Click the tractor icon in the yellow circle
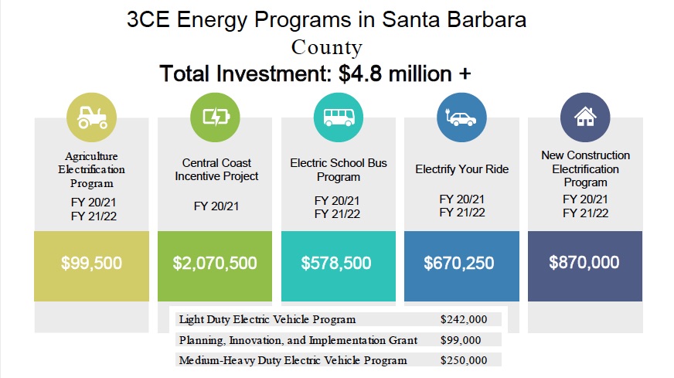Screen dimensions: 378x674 (92, 117)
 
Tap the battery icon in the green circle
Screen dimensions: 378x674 (215, 117)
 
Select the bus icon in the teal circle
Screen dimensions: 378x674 (338, 117)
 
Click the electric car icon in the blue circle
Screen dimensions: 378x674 (461, 117)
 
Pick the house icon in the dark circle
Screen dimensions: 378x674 (585, 117)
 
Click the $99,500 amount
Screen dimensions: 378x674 (91, 263)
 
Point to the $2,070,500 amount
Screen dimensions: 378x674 (215, 263)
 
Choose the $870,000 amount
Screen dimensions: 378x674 (584, 262)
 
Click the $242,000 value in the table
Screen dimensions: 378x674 (464, 319)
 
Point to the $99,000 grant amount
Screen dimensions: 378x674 (461, 340)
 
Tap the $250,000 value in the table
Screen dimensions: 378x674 (464, 360)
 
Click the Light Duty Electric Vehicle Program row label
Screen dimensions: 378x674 (267, 319)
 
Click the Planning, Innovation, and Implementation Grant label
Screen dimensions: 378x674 (298, 340)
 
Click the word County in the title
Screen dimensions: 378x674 (326, 47)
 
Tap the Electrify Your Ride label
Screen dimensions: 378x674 (461, 169)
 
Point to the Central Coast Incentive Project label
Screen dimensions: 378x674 (216, 169)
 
